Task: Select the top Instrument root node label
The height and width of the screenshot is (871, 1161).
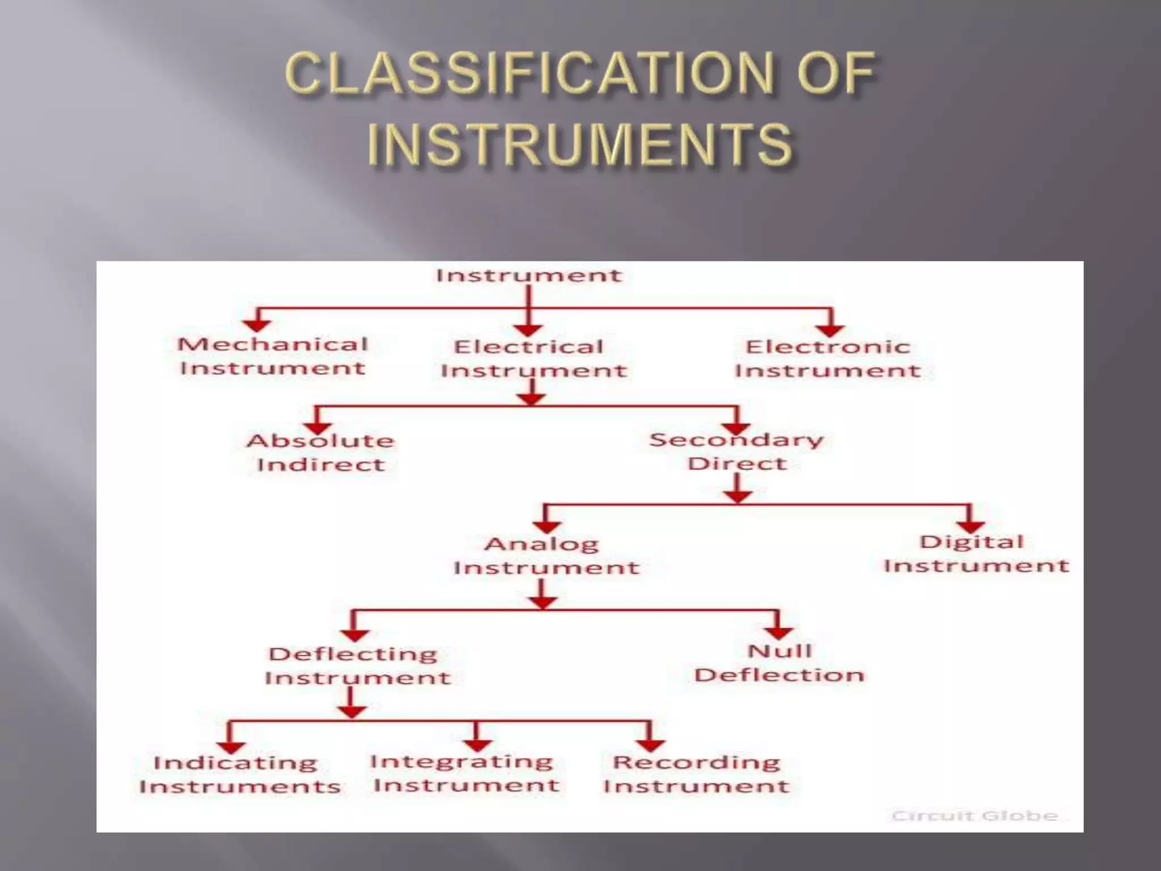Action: (x=528, y=276)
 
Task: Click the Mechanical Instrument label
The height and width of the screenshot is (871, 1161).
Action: (x=273, y=356)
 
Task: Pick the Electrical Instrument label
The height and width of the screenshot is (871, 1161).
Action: (x=533, y=358)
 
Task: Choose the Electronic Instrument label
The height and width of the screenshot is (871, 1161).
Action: (x=828, y=358)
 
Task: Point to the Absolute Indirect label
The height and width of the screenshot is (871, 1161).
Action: (x=321, y=453)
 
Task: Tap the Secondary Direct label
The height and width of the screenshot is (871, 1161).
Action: (x=736, y=451)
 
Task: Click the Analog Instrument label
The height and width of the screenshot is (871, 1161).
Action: (x=545, y=556)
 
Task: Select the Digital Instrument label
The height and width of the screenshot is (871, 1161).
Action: (x=975, y=553)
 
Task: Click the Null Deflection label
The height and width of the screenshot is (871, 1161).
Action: (x=779, y=663)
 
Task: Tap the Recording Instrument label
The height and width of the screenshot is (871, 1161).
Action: (x=696, y=774)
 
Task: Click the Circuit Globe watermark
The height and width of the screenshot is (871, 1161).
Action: (x=974, y=815)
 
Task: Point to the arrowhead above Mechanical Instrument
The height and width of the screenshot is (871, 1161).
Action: (x=257, y=324)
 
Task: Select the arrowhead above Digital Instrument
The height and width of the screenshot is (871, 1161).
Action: (x=970, y=526)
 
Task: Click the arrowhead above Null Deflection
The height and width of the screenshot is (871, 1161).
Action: (x=778, y=632)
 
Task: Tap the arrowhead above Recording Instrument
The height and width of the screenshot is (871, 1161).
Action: (x=650, y=745)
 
